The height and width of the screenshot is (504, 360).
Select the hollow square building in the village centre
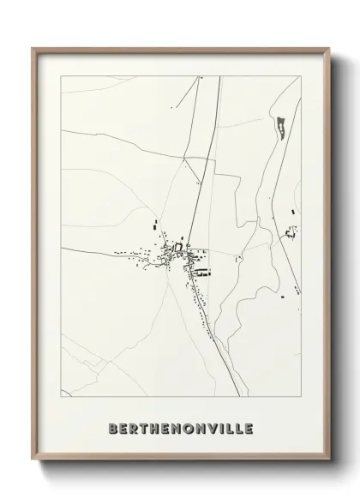tap(178, 249)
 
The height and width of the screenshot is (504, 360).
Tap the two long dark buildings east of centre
tap(204, 273)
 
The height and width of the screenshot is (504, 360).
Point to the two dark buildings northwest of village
tap(156, 228)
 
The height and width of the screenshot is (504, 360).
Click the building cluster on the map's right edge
tap(292, 231)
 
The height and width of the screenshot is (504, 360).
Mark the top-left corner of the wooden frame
tap(33, 48)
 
